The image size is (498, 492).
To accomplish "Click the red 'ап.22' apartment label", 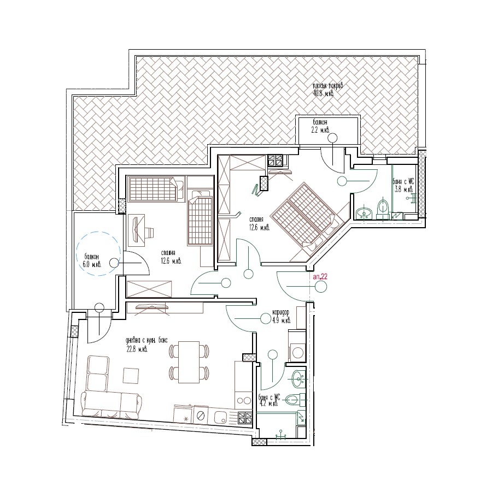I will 320,277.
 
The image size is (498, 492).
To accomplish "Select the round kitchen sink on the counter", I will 221,418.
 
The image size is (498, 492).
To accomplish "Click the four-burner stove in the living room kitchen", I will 245,418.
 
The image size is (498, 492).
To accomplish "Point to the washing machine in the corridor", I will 297,351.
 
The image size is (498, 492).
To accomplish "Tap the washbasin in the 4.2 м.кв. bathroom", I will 298,376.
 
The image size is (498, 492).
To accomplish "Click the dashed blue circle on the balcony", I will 99,254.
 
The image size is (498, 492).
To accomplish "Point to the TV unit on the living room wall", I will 153,308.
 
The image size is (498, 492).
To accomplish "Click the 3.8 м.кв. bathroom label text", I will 403,186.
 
